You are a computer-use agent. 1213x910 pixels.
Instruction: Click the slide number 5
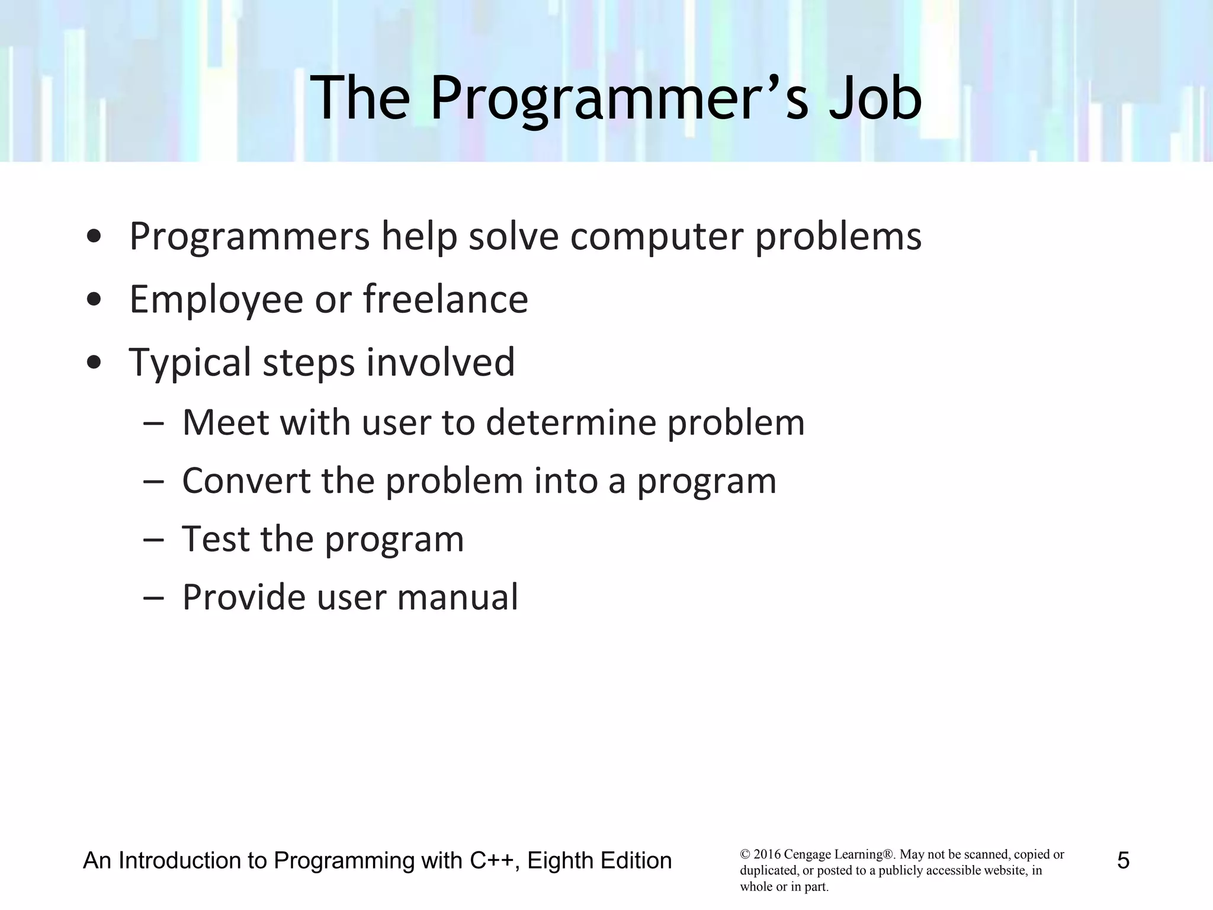coord(1123,860)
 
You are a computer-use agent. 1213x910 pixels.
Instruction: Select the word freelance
coord(445,299)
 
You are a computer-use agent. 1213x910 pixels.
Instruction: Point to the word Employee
coord(216,300)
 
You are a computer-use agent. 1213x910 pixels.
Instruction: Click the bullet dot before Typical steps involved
coord(93,362)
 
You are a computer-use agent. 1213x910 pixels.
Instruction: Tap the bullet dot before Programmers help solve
coord(93,236)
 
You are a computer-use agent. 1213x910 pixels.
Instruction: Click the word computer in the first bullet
coord(657,237)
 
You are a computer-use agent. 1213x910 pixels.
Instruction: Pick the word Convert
coord(246,480)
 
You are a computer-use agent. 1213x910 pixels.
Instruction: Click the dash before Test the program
coord(153,539)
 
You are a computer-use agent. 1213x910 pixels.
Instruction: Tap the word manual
coord(457,597)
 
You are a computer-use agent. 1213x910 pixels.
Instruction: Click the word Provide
coord(243,597)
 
